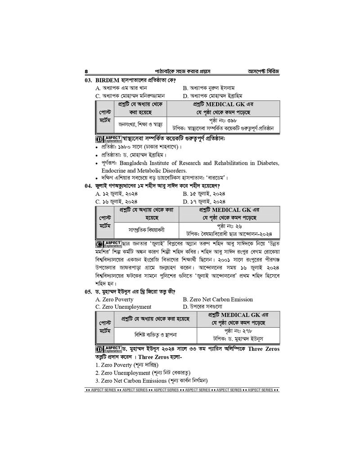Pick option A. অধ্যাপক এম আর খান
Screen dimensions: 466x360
pyautogui.click(x=121, y=88)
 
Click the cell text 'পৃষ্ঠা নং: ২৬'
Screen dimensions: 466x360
pyautogui.click(x=230, y=226)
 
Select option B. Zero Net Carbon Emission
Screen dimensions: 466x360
pyautogui.click(x=218, y=299)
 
